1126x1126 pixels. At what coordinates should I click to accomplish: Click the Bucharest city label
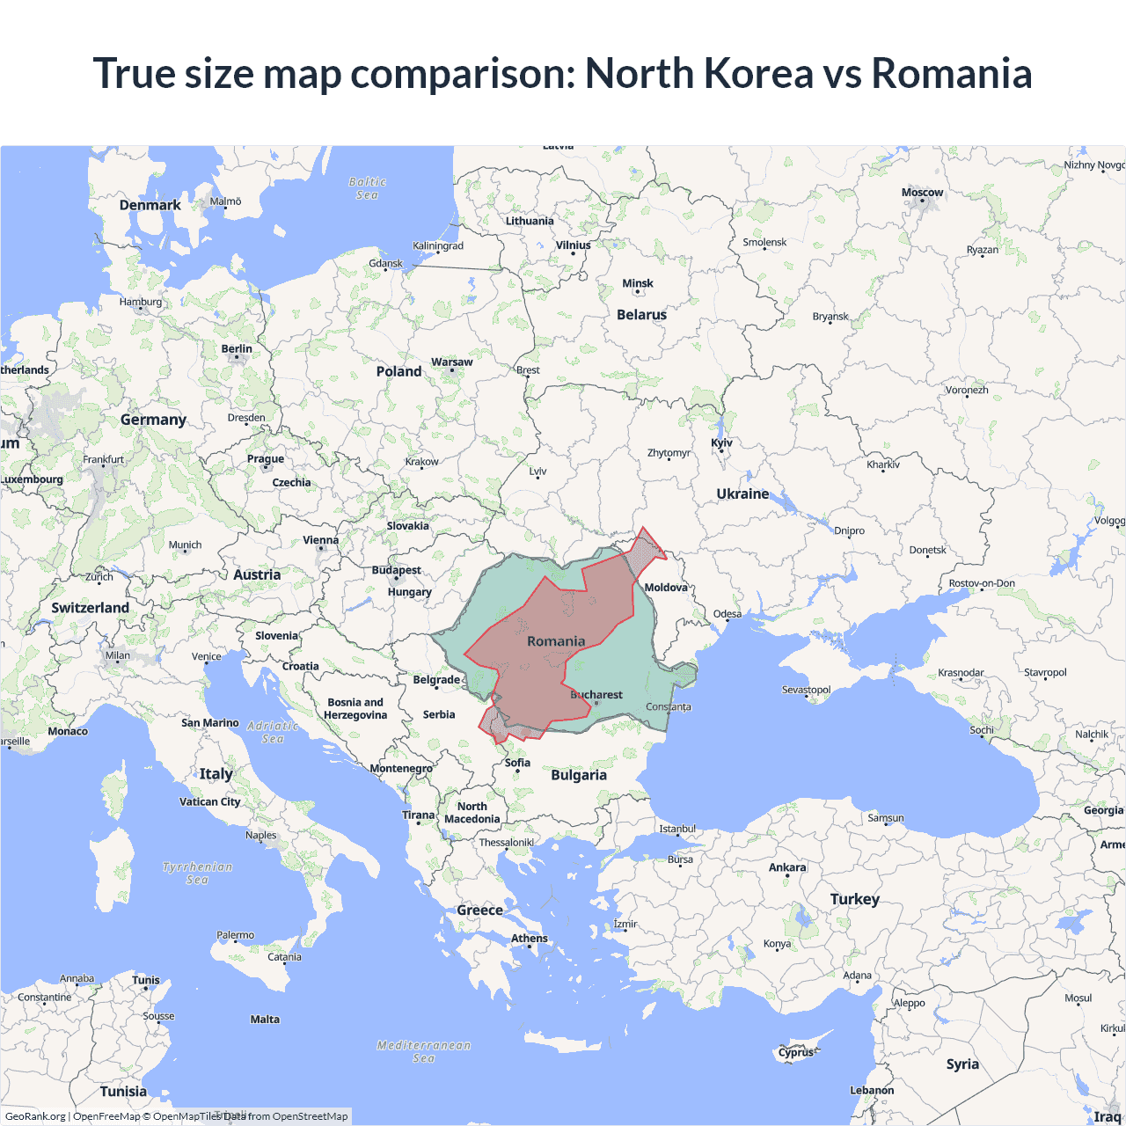tap(596, 695)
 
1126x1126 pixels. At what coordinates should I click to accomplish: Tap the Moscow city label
tap(922, 193)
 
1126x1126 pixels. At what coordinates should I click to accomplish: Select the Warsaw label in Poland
tap(451, 362)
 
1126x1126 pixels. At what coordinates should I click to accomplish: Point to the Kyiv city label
tap(721, 443)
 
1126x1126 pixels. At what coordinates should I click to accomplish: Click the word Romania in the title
tap(951, 73)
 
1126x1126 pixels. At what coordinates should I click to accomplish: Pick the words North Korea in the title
tap(699, 73)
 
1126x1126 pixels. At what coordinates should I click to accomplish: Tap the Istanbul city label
tap(677, 829)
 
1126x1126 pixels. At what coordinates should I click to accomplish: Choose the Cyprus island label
tap(796, 1052)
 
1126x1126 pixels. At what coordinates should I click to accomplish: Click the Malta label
tap(265, 1020)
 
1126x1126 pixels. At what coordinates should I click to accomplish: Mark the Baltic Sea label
tap(368, 188)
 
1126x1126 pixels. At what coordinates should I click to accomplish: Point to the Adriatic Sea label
tap(273, 732)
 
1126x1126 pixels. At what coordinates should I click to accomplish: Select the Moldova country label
tap(666, 588)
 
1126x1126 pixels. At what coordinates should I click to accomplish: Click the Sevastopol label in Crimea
tap(806, 690)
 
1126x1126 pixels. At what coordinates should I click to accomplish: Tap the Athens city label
tap(530, 939)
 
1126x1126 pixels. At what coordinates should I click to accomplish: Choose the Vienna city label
tap(320, 541)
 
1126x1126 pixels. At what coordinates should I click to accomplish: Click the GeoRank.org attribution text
tap(35, 1116)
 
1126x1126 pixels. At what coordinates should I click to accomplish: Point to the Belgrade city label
tap(436, 680)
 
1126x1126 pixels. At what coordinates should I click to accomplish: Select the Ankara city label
tap(787, 867)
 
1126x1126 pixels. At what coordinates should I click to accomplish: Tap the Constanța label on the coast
tap(669, 706)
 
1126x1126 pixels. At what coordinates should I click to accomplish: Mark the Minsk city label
tap(638, 283)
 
